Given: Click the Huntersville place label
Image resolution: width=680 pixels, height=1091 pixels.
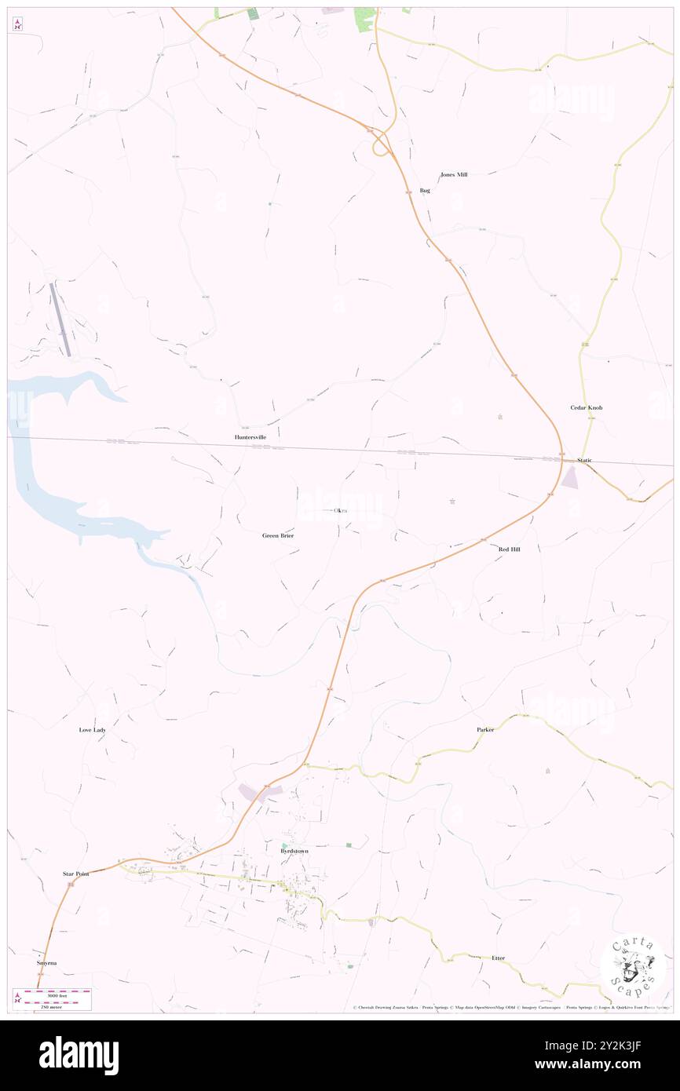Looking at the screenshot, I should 256,436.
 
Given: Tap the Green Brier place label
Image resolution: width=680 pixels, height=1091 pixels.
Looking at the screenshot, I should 278,535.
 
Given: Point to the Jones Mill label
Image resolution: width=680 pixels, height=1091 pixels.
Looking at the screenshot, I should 454,174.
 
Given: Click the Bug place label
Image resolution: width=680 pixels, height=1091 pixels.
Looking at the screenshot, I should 425,191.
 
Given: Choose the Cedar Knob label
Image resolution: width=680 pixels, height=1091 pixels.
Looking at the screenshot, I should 587,408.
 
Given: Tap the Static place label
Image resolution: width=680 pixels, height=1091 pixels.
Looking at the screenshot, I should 584,460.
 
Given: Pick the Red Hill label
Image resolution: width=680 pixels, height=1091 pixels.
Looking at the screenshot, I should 509,549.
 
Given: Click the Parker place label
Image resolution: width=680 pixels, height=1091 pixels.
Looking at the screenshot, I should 485,730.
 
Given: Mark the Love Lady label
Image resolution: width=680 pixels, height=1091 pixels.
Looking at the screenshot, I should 92,730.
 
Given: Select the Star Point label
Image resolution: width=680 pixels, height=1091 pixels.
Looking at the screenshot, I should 76,874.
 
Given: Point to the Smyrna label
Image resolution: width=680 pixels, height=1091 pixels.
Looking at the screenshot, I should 46,962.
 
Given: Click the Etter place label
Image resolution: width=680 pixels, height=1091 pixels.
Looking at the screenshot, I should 498,958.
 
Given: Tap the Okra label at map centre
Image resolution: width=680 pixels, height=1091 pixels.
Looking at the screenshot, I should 340,511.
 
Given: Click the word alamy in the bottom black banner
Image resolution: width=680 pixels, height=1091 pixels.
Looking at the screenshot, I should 79,1056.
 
